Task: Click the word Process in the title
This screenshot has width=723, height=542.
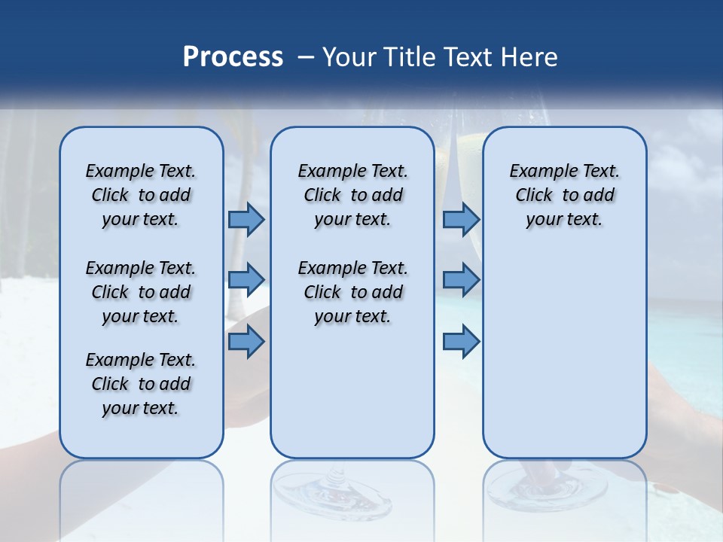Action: point(233,57)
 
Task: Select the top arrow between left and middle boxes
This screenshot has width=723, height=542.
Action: point(246,219)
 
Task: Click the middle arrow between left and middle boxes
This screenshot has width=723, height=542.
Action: point(246,280)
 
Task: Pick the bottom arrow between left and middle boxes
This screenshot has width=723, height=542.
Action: point(246,342)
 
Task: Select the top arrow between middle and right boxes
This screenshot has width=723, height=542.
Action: point(461,219)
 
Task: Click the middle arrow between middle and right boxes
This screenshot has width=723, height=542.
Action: point(461,280)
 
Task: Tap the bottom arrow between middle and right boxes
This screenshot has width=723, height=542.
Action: point(461,342)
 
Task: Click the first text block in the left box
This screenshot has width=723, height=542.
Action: point(141,195)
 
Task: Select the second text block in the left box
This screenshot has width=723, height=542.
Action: point(141,292)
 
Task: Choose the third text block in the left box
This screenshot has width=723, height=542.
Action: point(141,384)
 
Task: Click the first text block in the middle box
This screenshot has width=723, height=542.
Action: point(352,195)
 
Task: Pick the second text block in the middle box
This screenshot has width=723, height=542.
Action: point(352,292)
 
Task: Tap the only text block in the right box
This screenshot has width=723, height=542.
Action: point(564,195)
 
